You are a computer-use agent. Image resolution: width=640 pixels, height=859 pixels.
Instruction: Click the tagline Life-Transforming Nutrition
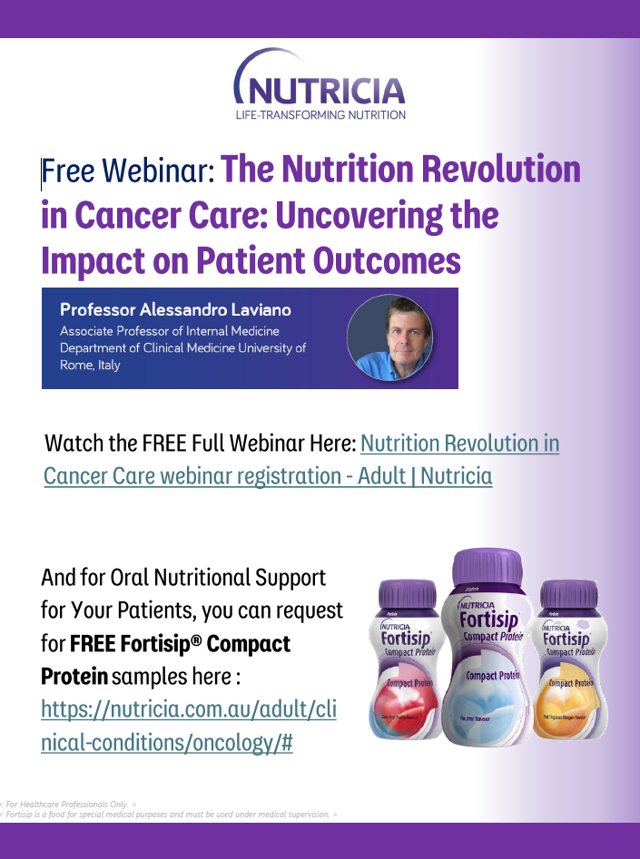[x=320, y=114]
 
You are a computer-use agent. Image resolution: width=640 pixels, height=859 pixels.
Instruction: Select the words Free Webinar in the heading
[x=128, y=170]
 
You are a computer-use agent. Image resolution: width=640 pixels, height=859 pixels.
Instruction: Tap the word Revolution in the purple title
[x=500, y=169]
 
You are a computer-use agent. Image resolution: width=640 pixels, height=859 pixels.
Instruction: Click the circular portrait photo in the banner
[x=389, y=337]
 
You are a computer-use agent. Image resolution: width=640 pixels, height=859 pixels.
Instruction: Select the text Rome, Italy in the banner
[x=90, y=365]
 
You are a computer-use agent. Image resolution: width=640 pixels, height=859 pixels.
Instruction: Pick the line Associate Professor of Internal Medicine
[x=170, y=331]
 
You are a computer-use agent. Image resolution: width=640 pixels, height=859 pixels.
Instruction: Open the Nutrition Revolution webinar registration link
[x=459, y=444]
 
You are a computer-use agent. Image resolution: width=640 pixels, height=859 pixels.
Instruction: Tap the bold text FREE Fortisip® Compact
[x=180, y=644]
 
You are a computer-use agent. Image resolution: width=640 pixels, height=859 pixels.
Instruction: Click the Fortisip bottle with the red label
[x=406, y=661]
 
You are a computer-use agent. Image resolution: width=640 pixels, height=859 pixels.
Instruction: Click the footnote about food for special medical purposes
[x=170, y=815]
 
